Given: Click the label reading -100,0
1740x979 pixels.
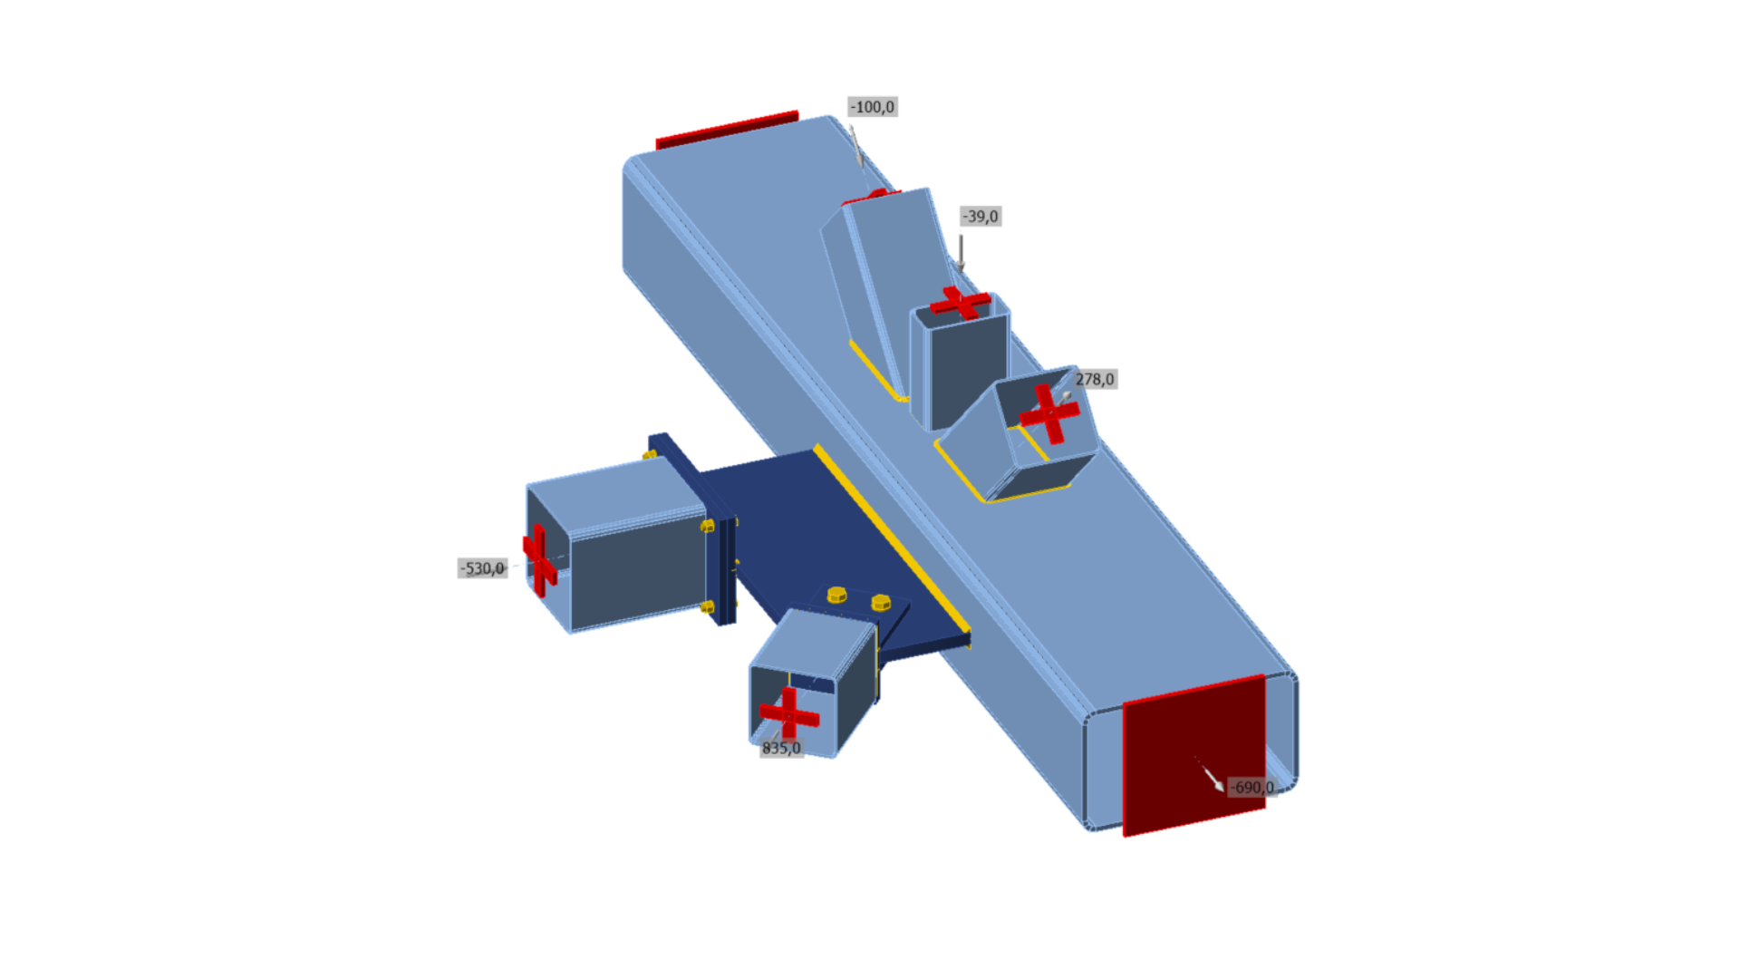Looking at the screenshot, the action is [x=872, y=107].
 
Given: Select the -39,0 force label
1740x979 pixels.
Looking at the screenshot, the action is [x=981, y=217].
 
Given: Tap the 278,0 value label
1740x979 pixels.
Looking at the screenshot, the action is [x=1095, y=379].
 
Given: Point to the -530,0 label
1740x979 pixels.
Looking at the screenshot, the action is [x=482, y=568].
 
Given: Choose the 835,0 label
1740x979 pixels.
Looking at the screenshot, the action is [x=781, y=748].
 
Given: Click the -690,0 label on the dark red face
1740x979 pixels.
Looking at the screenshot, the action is [x=1252, y=787].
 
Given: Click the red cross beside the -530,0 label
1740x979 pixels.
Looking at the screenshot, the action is [x=539, y=560].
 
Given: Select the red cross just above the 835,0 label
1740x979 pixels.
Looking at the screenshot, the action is [x=789, y=713].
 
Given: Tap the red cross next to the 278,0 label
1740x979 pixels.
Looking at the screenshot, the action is [x=1049, y=413].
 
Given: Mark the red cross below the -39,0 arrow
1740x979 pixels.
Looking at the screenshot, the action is [x=961, y=303].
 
